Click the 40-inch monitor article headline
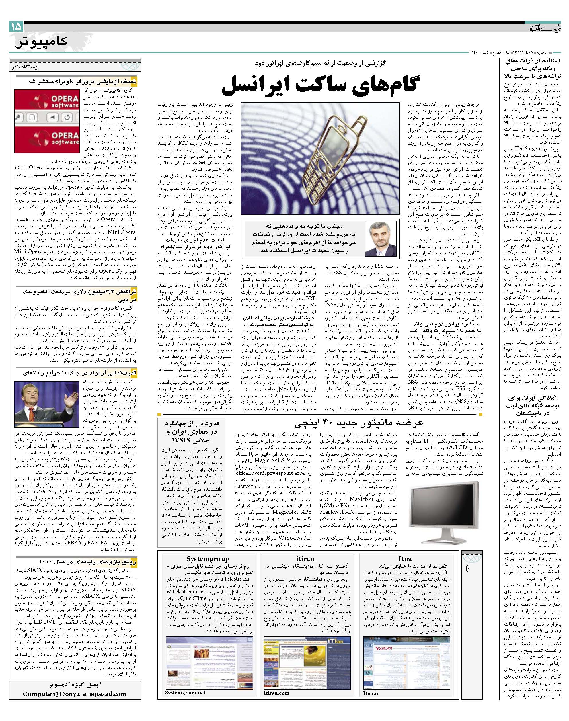point(358,423)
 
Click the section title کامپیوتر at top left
point(40,42)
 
